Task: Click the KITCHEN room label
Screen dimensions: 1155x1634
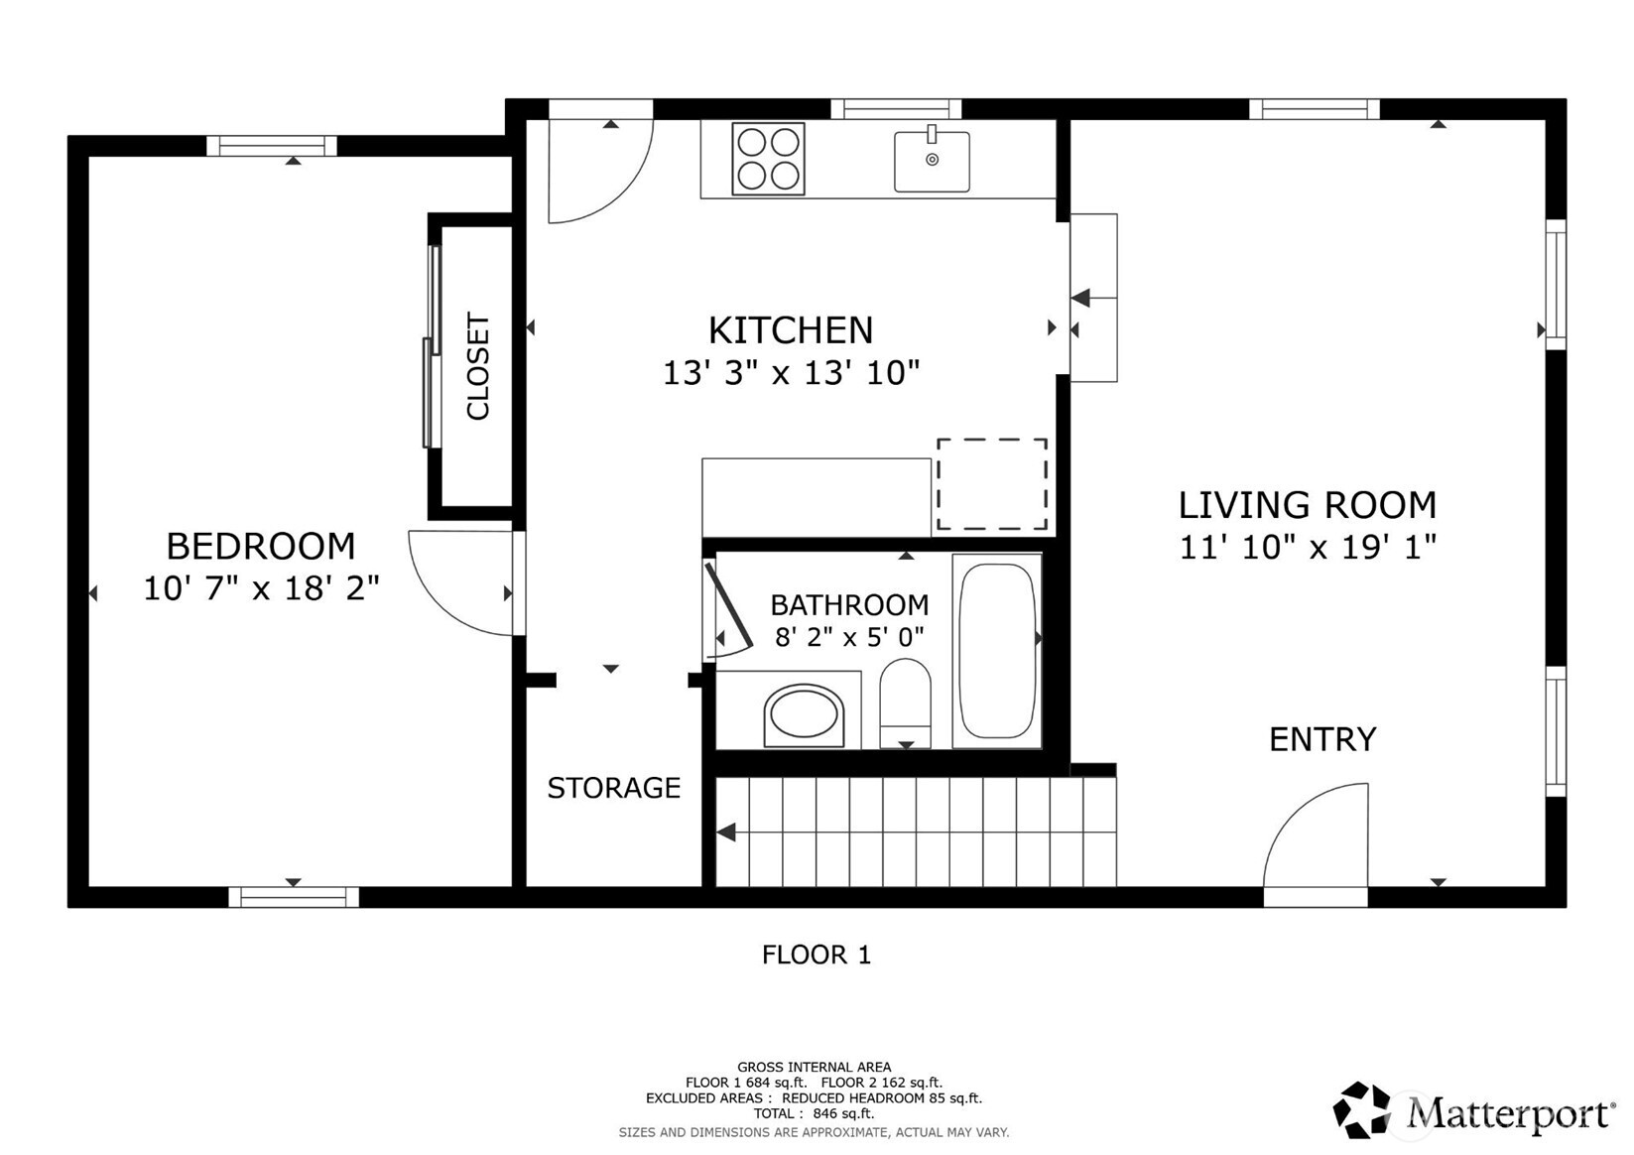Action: coord(790,329)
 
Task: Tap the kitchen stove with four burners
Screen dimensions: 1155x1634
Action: coord(768,159)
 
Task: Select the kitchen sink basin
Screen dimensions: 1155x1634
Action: coord(932,162)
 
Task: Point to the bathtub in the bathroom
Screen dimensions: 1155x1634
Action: coord(997,651)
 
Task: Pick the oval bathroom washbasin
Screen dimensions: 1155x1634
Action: coord(804,714)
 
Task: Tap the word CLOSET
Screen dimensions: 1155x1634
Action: coord(478,366)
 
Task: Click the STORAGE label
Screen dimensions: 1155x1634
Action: coord(613,788)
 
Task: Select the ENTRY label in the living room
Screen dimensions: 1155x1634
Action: coord(1322,739)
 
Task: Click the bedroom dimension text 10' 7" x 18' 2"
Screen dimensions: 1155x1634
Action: coord(261,588)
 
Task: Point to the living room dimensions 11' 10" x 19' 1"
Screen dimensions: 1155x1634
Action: coord(1307,547)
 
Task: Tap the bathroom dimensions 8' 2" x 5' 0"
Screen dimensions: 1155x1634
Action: coord(849,636)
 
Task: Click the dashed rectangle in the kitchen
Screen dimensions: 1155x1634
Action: coord(992,484)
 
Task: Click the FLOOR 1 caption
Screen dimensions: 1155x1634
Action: coord(816,955)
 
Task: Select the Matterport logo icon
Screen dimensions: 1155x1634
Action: coord(1361,1109)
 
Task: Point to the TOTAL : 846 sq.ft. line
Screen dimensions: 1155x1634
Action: coord(814,1114)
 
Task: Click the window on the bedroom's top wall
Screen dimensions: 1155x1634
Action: coord(272,146)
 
